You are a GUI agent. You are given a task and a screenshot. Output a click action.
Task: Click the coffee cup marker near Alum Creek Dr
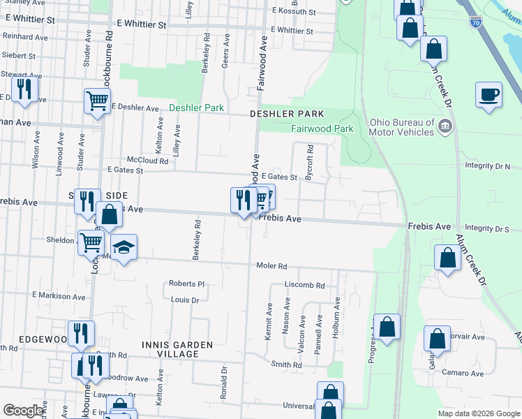point(489,94)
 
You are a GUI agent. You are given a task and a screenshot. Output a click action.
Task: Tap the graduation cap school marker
point(124,247)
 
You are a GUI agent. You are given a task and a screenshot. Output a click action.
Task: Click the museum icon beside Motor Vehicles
point(445,126)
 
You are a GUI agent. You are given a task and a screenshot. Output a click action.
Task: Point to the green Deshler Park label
point(196,108)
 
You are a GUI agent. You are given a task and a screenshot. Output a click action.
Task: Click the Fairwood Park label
point(321,128)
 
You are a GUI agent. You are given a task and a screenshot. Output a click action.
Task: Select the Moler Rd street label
point(272,266)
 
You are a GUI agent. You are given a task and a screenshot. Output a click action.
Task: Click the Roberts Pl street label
point(186,284)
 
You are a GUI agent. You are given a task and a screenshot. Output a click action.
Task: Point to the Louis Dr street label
point(185,300)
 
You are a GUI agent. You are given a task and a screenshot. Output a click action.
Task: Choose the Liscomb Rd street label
point(304,285)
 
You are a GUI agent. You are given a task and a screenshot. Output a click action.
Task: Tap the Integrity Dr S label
point(487,228)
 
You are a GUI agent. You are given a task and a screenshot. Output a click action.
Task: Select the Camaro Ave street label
point(467,374)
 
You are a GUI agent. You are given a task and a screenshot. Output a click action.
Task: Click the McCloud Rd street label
point(147,160)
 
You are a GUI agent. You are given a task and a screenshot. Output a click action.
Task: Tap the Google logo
point(24,411)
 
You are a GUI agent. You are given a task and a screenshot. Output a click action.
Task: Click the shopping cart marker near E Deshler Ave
point(96,101)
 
